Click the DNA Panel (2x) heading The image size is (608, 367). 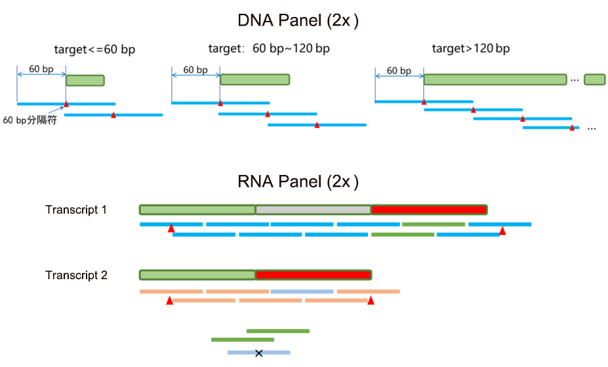[x=298, y=20]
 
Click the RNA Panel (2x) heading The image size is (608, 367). [x=298, y=182]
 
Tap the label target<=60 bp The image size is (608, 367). [x=95, y=49]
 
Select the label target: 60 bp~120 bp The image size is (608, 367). [x=269, y=49]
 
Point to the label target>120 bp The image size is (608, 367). [x=470, y=48]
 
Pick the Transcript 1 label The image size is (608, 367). [x=76, y=210]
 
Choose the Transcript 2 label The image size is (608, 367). [x=76, y=275]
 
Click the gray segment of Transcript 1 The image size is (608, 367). [x=313, y=210]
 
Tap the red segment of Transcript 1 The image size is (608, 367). [x=429, y=210]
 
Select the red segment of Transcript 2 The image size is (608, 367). [x=313, y=275]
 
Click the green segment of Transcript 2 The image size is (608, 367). [x=197, y=275]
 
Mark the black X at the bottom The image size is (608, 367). [x=258, y=353]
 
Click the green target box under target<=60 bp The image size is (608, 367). [x=85, y=80]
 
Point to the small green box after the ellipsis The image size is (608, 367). [x=594, y=79]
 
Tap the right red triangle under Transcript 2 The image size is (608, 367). [x=371, y=300]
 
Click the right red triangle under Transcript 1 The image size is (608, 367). [x=502, y=230]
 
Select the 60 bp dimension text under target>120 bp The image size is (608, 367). [x=399, y=71]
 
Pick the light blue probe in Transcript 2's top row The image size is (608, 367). [x=302, y=291]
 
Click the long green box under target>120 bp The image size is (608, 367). [x=495, y=79]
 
